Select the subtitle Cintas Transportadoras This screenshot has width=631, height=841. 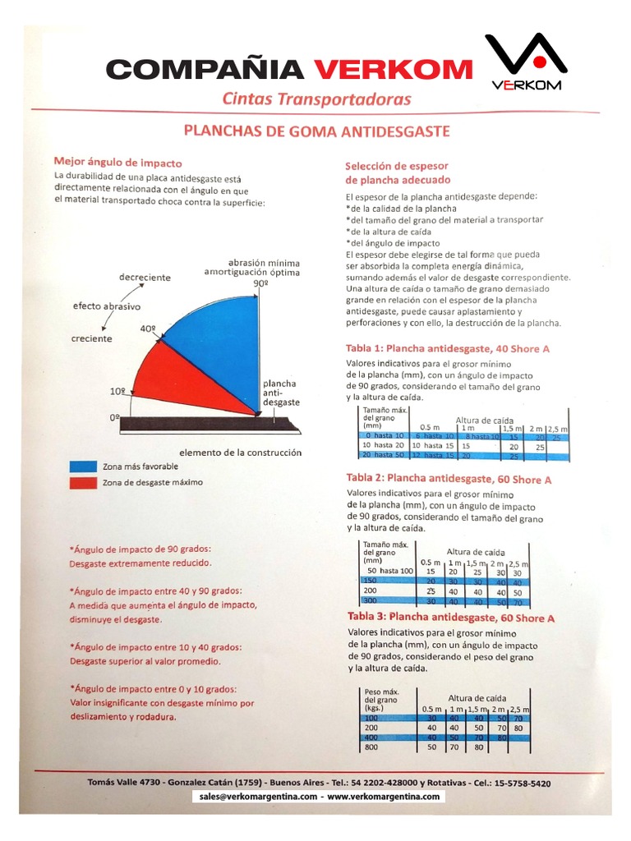(x=316, y=99)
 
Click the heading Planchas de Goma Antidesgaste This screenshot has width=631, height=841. (x=316, y=131)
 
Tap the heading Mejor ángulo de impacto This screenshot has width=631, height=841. (x=117, y=163)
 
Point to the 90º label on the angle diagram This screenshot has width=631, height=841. (x=261, y=283)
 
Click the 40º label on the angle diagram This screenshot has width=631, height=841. (x=148, y=328)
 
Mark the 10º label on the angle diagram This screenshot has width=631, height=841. (x=117, y=392)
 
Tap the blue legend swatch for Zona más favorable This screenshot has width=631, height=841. (x=83, y=466)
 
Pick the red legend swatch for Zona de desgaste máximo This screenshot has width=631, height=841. (x=83, y=482)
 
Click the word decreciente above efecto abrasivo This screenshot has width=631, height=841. (x=145, y=278)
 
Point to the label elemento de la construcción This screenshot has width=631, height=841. (x=240, y=453)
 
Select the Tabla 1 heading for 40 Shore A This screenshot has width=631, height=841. (x=448, y=349)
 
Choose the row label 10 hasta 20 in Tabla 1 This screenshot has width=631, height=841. (x=383, y=445)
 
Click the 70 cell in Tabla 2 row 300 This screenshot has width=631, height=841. (x=517, y=602)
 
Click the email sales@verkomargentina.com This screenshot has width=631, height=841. (x=256, y=797)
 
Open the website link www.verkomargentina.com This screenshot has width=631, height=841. (x=385, y=797)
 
